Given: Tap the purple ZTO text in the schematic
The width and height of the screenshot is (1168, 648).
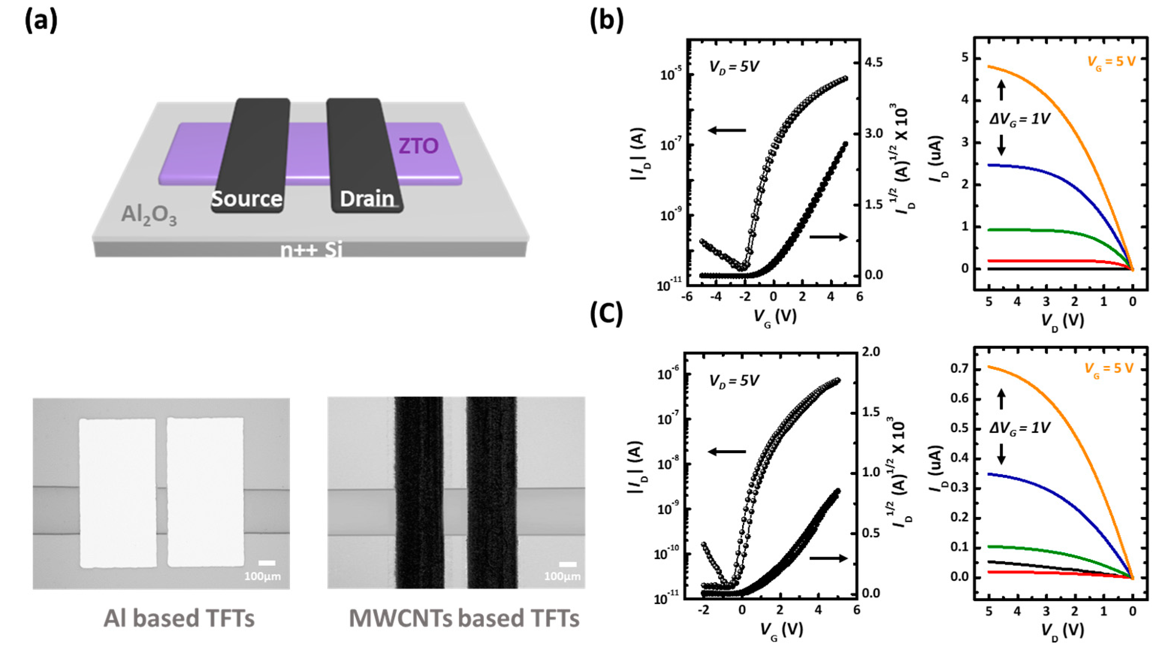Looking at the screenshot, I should tap(418, 146).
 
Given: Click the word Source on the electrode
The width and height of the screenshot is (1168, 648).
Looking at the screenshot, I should tap(247, 199).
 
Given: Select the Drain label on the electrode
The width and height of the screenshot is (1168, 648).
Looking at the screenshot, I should tap(367, 199).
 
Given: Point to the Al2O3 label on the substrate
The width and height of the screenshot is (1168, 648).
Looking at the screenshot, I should tap(149, 215).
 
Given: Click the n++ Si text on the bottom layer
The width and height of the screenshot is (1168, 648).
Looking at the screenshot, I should tap(311, 250).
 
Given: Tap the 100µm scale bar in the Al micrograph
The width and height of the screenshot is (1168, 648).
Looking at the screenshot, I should tap(267, 563).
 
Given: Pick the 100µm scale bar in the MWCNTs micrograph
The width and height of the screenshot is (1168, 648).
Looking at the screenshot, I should tap(567, 564).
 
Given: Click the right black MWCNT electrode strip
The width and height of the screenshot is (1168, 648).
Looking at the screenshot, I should tap(492, 493).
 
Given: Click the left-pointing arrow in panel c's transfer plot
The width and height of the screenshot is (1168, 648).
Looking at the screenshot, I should tap(727, 451).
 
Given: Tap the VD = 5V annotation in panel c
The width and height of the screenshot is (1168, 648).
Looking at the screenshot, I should tap(733, 381).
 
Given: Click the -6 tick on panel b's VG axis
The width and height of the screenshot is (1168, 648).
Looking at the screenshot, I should tap(687, 297).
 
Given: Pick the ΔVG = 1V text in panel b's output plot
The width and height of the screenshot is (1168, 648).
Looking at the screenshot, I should tap(1019, 119).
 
